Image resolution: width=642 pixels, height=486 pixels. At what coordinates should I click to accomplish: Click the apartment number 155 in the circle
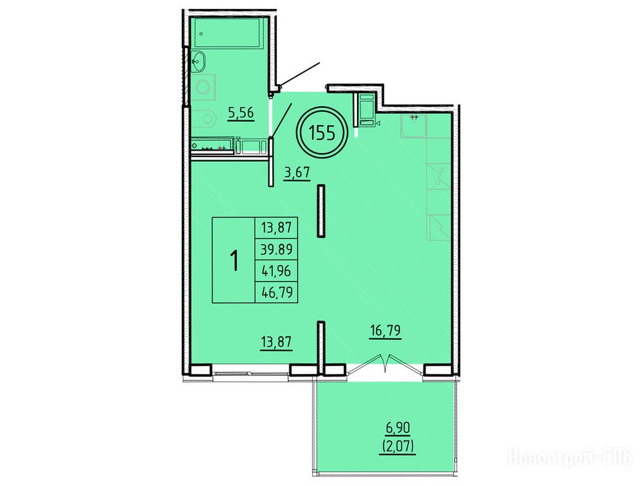pos(322,133)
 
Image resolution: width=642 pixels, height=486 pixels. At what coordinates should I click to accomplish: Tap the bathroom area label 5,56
pos(241,113)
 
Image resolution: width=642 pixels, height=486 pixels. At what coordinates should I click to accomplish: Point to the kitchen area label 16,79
pos(385,330)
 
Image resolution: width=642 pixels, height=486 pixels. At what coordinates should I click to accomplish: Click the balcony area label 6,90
pos(398,429)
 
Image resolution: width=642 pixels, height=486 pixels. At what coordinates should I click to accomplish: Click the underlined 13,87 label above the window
pos(277,341)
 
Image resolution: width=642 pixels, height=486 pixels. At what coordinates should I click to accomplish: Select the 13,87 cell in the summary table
pos(277,227)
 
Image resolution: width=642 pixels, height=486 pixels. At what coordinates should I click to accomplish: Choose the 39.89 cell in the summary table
pos(277,249)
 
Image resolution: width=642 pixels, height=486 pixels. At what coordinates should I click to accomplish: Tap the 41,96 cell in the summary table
pos(277,271)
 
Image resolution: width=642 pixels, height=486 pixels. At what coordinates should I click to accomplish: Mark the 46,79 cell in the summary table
pos(277,292)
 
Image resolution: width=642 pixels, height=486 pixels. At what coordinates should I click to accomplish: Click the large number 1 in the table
pos(234,261)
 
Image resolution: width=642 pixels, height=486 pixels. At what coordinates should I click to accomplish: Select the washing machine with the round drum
pos(204,87)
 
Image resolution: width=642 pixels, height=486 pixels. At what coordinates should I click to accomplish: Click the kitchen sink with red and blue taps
pos(413,126)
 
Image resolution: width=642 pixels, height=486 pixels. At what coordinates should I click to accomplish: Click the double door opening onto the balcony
pos(386,364)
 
